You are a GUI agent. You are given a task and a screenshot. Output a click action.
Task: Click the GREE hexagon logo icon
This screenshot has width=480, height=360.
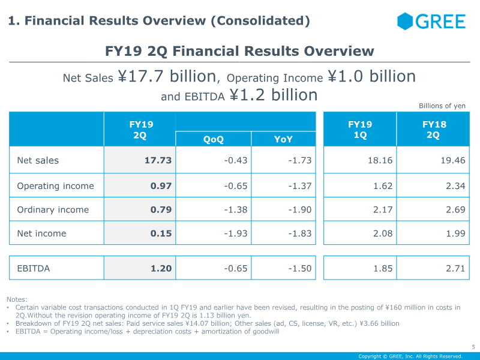click(405, 21)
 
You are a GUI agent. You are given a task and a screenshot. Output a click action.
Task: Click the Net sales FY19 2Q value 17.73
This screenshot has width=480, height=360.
click(158, 160)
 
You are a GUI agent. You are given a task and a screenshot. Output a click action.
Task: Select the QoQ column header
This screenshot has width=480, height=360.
click(214, 139)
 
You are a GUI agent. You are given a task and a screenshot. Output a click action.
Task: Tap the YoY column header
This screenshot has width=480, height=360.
click(283, 139)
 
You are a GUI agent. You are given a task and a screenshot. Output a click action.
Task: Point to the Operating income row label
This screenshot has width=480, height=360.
click(55, 186)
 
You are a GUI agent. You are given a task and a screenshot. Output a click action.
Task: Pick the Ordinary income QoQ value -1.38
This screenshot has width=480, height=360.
click(236, 209)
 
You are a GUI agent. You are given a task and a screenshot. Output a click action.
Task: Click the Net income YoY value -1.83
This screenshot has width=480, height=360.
click(299, 233)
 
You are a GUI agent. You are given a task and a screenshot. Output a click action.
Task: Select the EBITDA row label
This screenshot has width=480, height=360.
click(34, 268)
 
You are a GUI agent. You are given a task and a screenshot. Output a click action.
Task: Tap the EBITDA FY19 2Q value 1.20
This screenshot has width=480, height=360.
click(161, 268)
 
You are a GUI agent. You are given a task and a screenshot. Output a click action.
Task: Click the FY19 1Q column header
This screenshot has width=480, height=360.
click(360, 130)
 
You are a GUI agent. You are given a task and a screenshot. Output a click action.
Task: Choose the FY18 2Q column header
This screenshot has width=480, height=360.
click(434, 130)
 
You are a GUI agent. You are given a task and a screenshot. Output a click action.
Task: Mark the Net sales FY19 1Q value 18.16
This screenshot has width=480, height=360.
click(380, 160)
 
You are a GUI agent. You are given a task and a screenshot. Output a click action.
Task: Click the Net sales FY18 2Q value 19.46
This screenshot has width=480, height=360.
click(453, 160)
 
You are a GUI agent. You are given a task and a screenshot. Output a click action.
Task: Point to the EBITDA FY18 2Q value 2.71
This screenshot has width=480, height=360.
click(455, 268)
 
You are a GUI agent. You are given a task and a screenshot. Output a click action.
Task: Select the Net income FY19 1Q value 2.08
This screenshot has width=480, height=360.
click(383, 233)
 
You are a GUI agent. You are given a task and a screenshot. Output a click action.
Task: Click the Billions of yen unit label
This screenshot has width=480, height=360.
click(442, 106)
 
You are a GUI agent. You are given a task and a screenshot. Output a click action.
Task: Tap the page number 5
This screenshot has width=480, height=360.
click(473, 347)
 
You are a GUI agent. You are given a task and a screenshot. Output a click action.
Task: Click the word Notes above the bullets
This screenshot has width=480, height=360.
click(17, 299)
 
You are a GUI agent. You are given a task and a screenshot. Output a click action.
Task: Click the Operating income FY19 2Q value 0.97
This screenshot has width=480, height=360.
click(161, 186)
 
